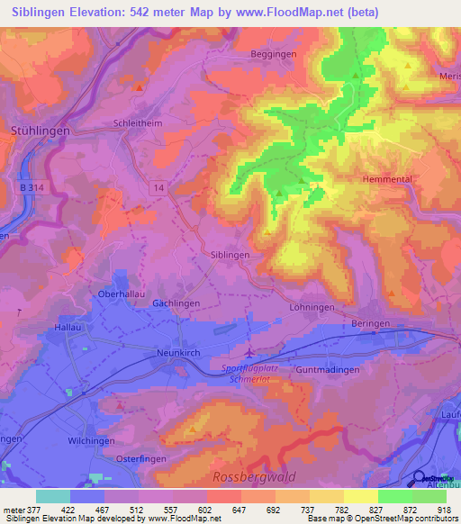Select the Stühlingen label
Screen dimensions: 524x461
click(x=39, y=131)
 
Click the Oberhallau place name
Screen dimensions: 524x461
click(x=124, y=294)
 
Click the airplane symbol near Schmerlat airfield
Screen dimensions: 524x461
click(x=250, y=352)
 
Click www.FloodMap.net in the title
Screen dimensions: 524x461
click(x=285, y=12)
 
